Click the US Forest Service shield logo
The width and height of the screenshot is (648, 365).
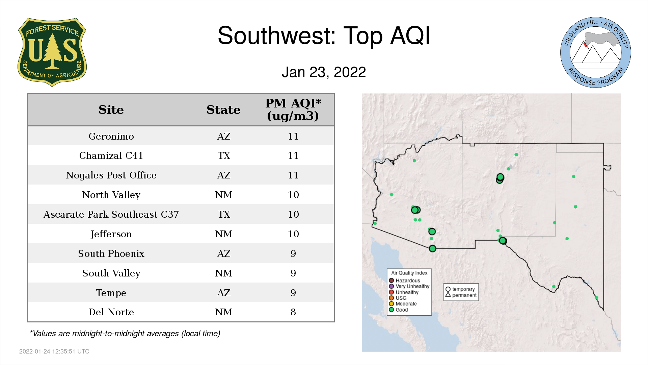tap(52, 52)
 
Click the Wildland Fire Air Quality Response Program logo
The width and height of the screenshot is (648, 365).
tap(596, 52)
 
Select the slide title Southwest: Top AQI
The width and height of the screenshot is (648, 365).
tap(324, 35)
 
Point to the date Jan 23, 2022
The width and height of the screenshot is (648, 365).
tap(324, 72)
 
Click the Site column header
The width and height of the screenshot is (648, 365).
tap(111, 110)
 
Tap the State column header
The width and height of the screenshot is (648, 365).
tap(223, 110)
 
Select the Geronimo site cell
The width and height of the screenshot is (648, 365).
tap(111, 136)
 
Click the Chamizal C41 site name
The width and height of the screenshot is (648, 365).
tap(111, 155)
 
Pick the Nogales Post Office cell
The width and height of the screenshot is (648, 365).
tap(111, 175)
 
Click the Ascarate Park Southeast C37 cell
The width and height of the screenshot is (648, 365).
tap(111, 214)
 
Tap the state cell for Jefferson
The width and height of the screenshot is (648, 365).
tap(224, 234)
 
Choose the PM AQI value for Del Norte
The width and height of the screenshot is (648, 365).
tap(293, 312)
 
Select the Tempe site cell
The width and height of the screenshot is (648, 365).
tap(111, 293)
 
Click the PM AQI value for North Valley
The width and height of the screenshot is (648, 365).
tap(293, 195)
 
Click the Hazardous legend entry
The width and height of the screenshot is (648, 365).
tap(404, 281)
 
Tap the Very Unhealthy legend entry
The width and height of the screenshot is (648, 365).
tap(409, 286)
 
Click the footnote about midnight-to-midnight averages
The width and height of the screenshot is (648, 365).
tap(125, 334)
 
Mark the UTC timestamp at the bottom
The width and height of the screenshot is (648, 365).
tap(54, 351)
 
